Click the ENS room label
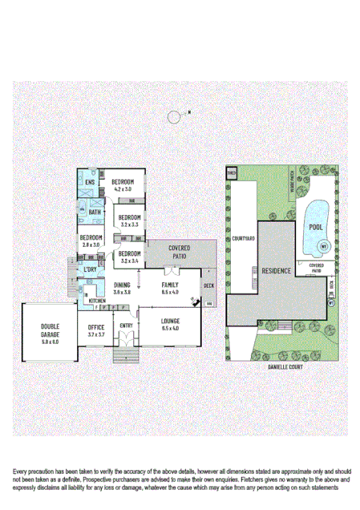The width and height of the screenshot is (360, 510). pyautogui.click(x=91, y=181)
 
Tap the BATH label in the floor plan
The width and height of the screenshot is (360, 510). pyautogui.click(x=95, y=212)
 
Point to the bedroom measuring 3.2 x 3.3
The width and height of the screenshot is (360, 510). pyautogui.click(x=130, y=221)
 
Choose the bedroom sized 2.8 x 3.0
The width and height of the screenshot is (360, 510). pyautogui.click(x=90, y=241)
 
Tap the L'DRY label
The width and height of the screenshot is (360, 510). pyautogui.click(x=90, y=270)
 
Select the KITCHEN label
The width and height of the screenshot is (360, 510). pyautogui.click(x=97, y=300)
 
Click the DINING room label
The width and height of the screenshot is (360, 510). pyautogui.click(x=122, y=289)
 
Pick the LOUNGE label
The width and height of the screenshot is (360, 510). pyautogui.click(x=170, y=325)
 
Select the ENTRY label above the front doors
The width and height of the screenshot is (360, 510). pyautogui.click(x=126, y=326)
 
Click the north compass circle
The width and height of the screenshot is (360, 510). pyautogui.click(x=175, y=118)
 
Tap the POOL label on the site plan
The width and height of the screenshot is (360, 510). pyautogui.click(x=316, y=227)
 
